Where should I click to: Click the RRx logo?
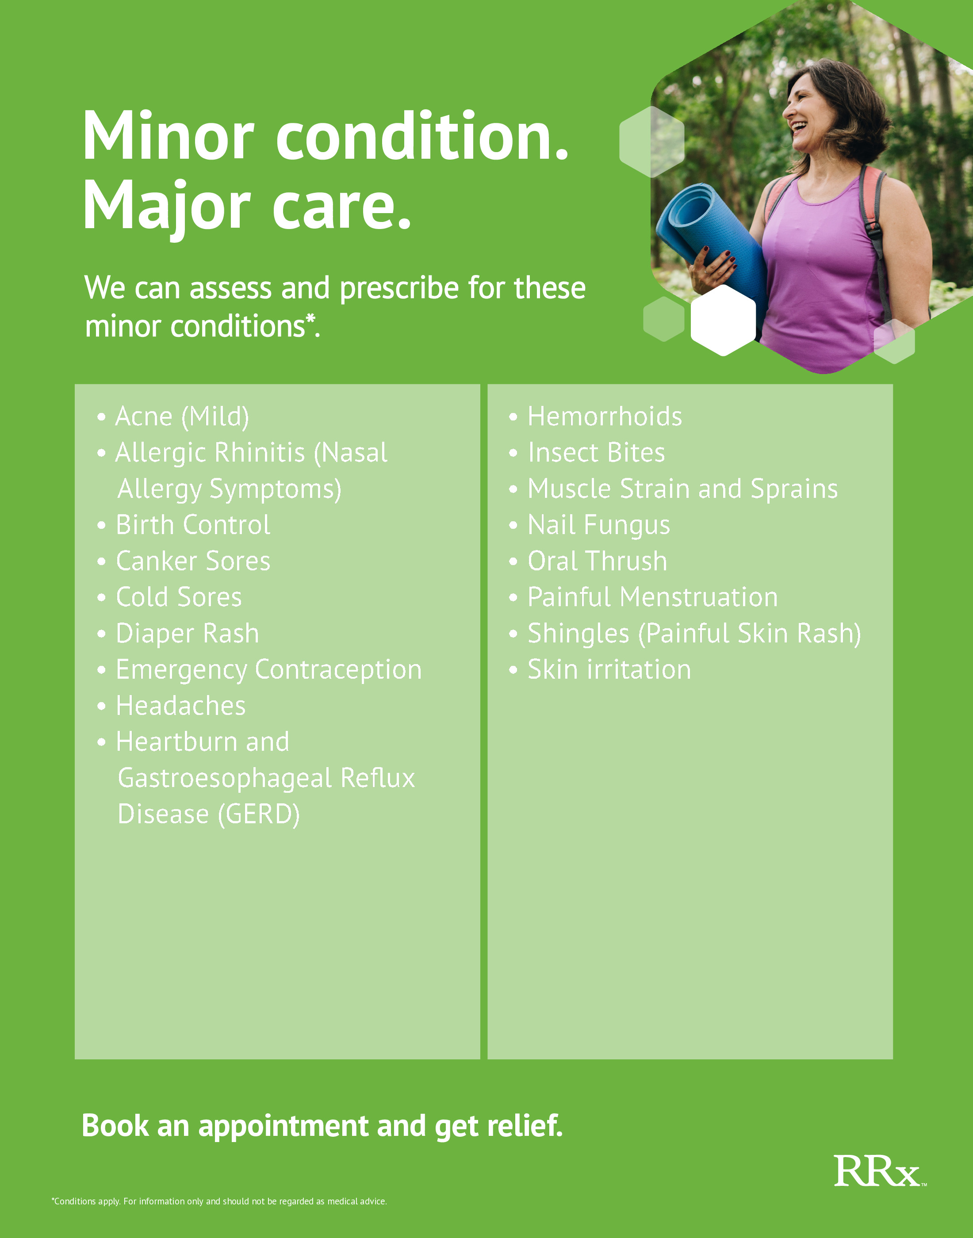(x=880, y=1171)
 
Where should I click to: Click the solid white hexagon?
(x=723, y=320)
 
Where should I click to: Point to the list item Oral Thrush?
(x=597, y=561)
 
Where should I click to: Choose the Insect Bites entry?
(x=596, y=453)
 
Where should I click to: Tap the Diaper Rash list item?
(x=188, y=634)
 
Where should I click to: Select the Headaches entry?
(x=180, y=706)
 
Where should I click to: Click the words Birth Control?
(x=193, y=524)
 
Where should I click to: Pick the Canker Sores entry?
(x=193, y=561)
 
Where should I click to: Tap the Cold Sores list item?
(x=179, y=597)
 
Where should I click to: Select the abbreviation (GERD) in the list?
(x=259, y=815)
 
